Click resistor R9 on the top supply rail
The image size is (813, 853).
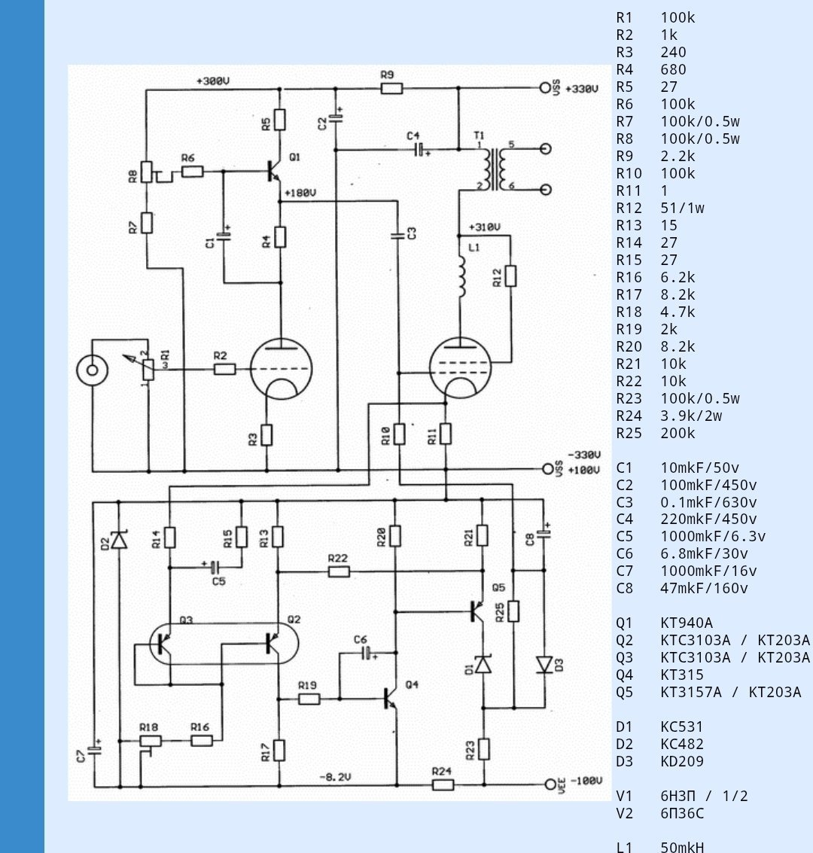coord(391,88)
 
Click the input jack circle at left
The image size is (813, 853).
coord(92,370)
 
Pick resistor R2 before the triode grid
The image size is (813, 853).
coord(224,370)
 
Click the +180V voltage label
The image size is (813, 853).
coord(300,193)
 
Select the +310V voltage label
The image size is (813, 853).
coord(484,227)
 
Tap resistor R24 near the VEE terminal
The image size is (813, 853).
coord(443,785)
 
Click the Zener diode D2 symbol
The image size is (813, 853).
coord(119,539)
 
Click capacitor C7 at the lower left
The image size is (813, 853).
coord(93,748)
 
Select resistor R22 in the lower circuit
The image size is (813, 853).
coord(339,571)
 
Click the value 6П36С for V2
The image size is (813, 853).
coord(682,813)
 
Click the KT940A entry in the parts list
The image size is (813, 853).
coord(686,623)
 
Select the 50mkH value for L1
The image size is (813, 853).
coord(682,847)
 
